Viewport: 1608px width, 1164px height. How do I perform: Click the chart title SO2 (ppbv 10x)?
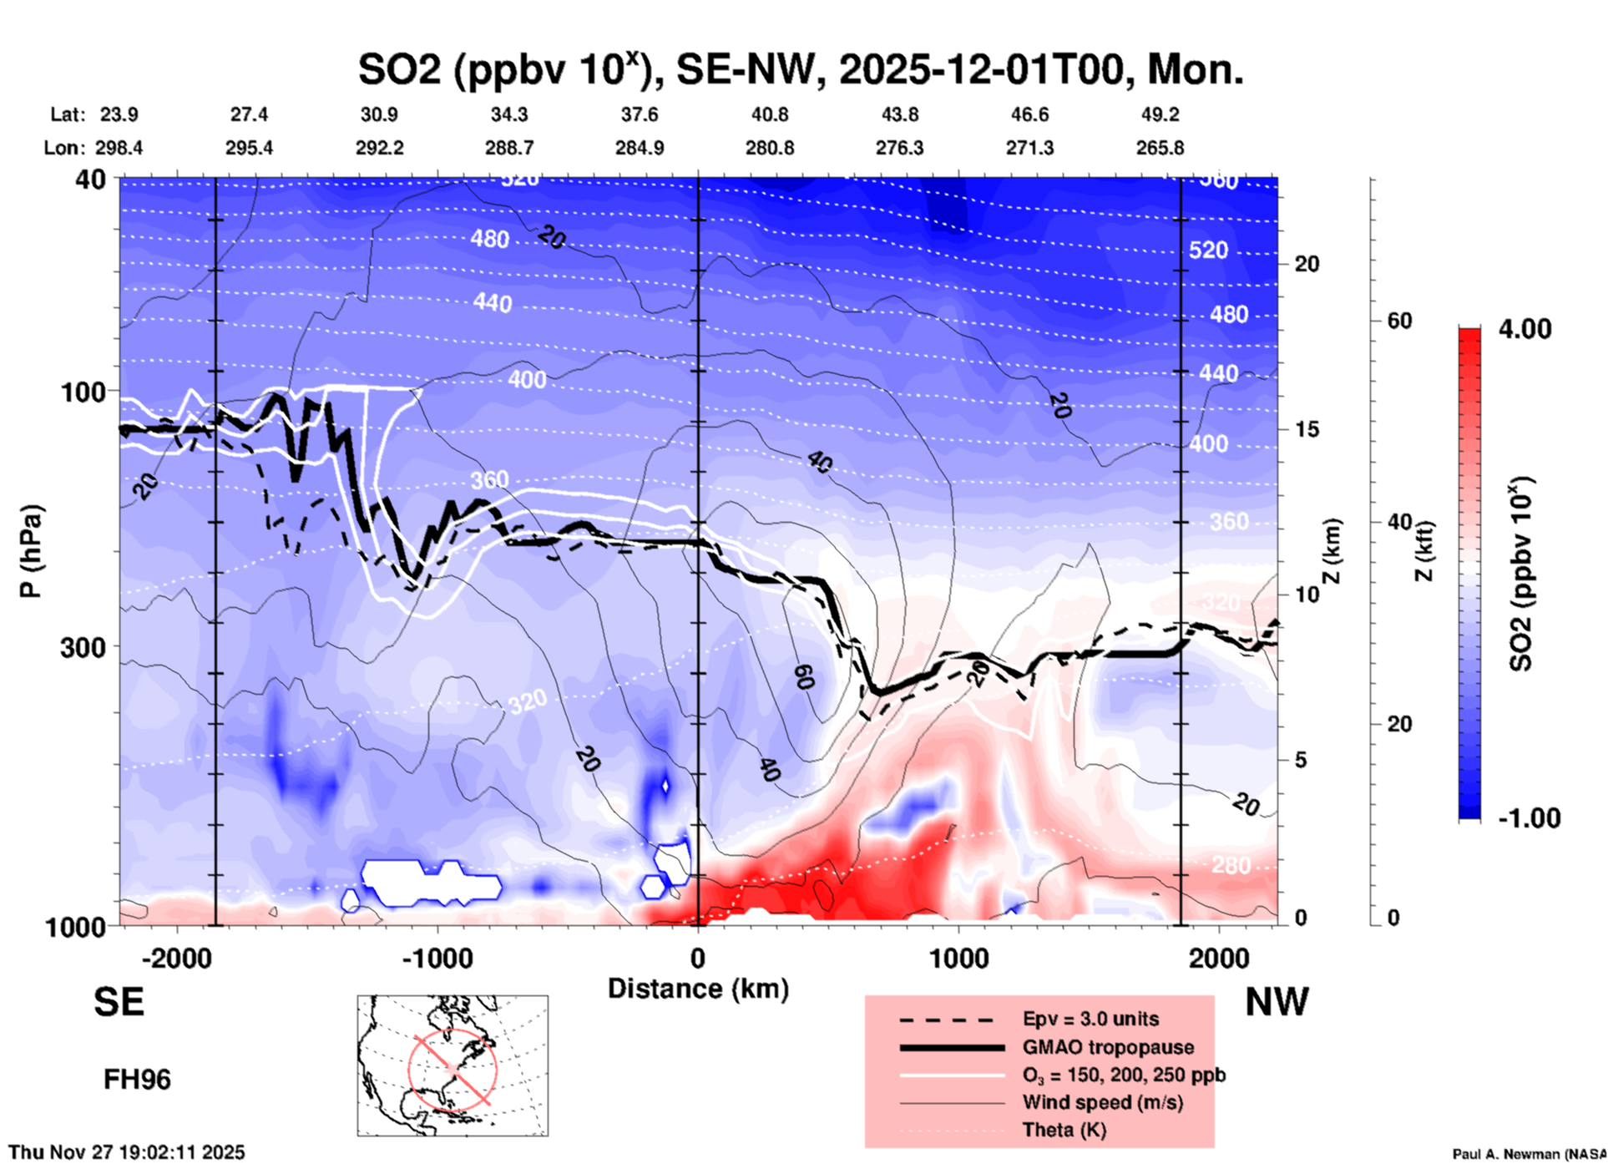(x=800, y=69)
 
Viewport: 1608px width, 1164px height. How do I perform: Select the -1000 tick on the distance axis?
(x=437, y=958)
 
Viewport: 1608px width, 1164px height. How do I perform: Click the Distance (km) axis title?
(x=698, y=989)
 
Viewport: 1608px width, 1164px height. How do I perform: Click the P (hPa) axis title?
(x=31, y=551)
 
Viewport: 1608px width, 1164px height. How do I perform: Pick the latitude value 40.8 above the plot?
(x=769, y=114)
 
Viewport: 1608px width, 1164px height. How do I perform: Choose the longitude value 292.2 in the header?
(x=380, y=148)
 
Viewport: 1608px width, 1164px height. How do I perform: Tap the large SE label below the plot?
(x=119, y=1002)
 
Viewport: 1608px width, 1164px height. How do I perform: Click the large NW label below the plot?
(x=1277, y=1002)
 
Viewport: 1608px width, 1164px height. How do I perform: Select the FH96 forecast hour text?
(x=137, y=1080)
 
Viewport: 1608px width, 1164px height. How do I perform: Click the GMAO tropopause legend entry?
(x=1108, y=1047)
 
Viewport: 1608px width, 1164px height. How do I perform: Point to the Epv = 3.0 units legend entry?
(x=1090, y=1019)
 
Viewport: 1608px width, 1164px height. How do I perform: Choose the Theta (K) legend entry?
(x=1064, y=1130)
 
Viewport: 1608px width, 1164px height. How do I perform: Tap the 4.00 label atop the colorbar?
(x=1525, y=329)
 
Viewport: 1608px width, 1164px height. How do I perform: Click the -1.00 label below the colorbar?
(x=1529, y=817)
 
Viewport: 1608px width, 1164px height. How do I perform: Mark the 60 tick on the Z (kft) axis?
(x=1399, y=321)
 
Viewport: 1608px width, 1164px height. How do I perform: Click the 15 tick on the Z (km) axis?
(x=1307, y=429)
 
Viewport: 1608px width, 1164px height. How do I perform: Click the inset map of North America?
(x=453, y=1065)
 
